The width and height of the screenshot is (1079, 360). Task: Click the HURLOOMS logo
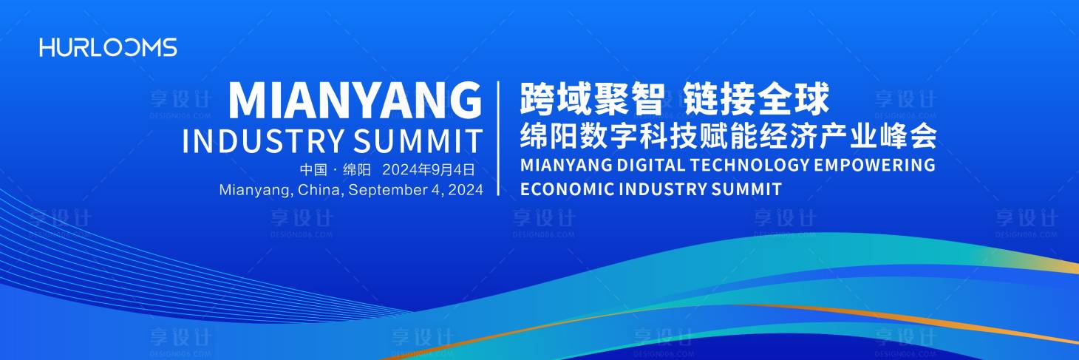click(x=109, y=47)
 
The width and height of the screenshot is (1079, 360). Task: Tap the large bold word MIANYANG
click(x=355, y=101)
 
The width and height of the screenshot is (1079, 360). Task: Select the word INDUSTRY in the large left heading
click(x=263, y=140)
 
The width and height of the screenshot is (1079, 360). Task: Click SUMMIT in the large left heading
click(x=418, y=140)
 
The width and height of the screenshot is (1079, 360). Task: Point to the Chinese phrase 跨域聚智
click(x=592, y=99)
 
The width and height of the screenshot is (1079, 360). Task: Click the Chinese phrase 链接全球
click(x=756, y=99)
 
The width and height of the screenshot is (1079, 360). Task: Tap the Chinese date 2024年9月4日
click(x=428, y=169)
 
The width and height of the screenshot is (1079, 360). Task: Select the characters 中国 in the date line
click(x=313, y=169)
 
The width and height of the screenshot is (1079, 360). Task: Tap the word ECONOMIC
click(x=567, y=189)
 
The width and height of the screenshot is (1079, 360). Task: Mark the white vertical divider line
click(x=498, y=138)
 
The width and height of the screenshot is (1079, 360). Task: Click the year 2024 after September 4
click(x=466, y=190)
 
